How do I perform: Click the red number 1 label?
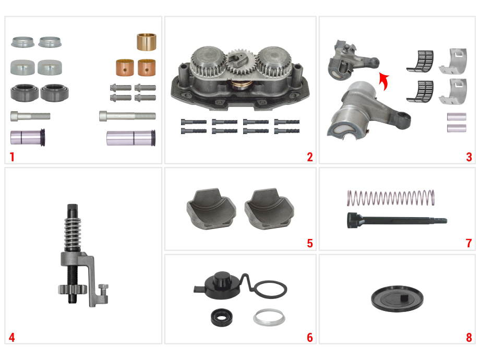pyautogui.click(x=12, y=157)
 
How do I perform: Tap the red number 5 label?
pyautogui.click(x=310, y=243)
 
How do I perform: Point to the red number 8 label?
pyautogui.click(x=469, y=338)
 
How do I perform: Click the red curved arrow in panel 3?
pyautogui.click(x=384, y=81)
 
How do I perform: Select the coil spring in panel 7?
pyautogui.click(x=391, y=198)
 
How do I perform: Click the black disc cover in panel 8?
pyautogui.click(x=397, y=299)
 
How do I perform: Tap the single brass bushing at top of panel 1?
pyautogui.click(x=146, y=42)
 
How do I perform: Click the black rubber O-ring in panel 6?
pyautogui.click(x=270, y=289)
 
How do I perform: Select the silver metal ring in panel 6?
pyautogui.click(x=269, y=317)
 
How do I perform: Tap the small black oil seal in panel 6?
pyautogui.click(x=221, y=317)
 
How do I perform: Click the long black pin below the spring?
pyautogui.click(x=397, y=220)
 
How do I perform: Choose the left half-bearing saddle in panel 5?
pyautogui.click(x=211, y=209)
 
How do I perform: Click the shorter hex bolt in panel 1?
pyautogui.click(x=30, y=116)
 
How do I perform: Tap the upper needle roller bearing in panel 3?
pyautogui.click(x=421, y=61)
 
